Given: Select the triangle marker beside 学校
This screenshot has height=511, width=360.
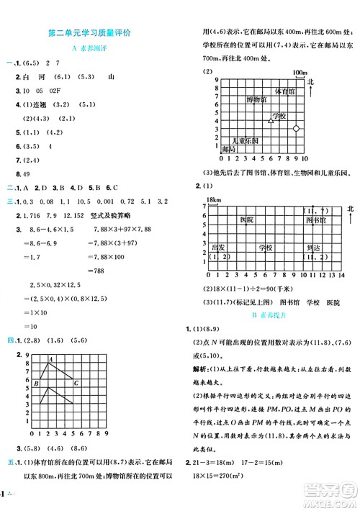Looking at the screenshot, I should [x=270, y=116].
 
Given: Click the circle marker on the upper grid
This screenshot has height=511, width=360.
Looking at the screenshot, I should [x=296, y=127].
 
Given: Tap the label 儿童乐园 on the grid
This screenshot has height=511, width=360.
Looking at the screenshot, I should [x=245, y=140].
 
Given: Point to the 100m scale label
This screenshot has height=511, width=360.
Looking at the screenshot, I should [x=300, y=73].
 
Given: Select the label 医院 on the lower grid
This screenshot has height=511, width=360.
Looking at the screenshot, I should [x=247, y=218].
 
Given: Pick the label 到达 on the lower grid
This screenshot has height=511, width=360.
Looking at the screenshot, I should [x=311, y=246].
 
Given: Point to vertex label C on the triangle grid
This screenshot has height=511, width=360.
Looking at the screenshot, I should [x=76, y=382].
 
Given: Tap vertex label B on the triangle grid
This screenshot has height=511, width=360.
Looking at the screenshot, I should [x=35, y=384].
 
